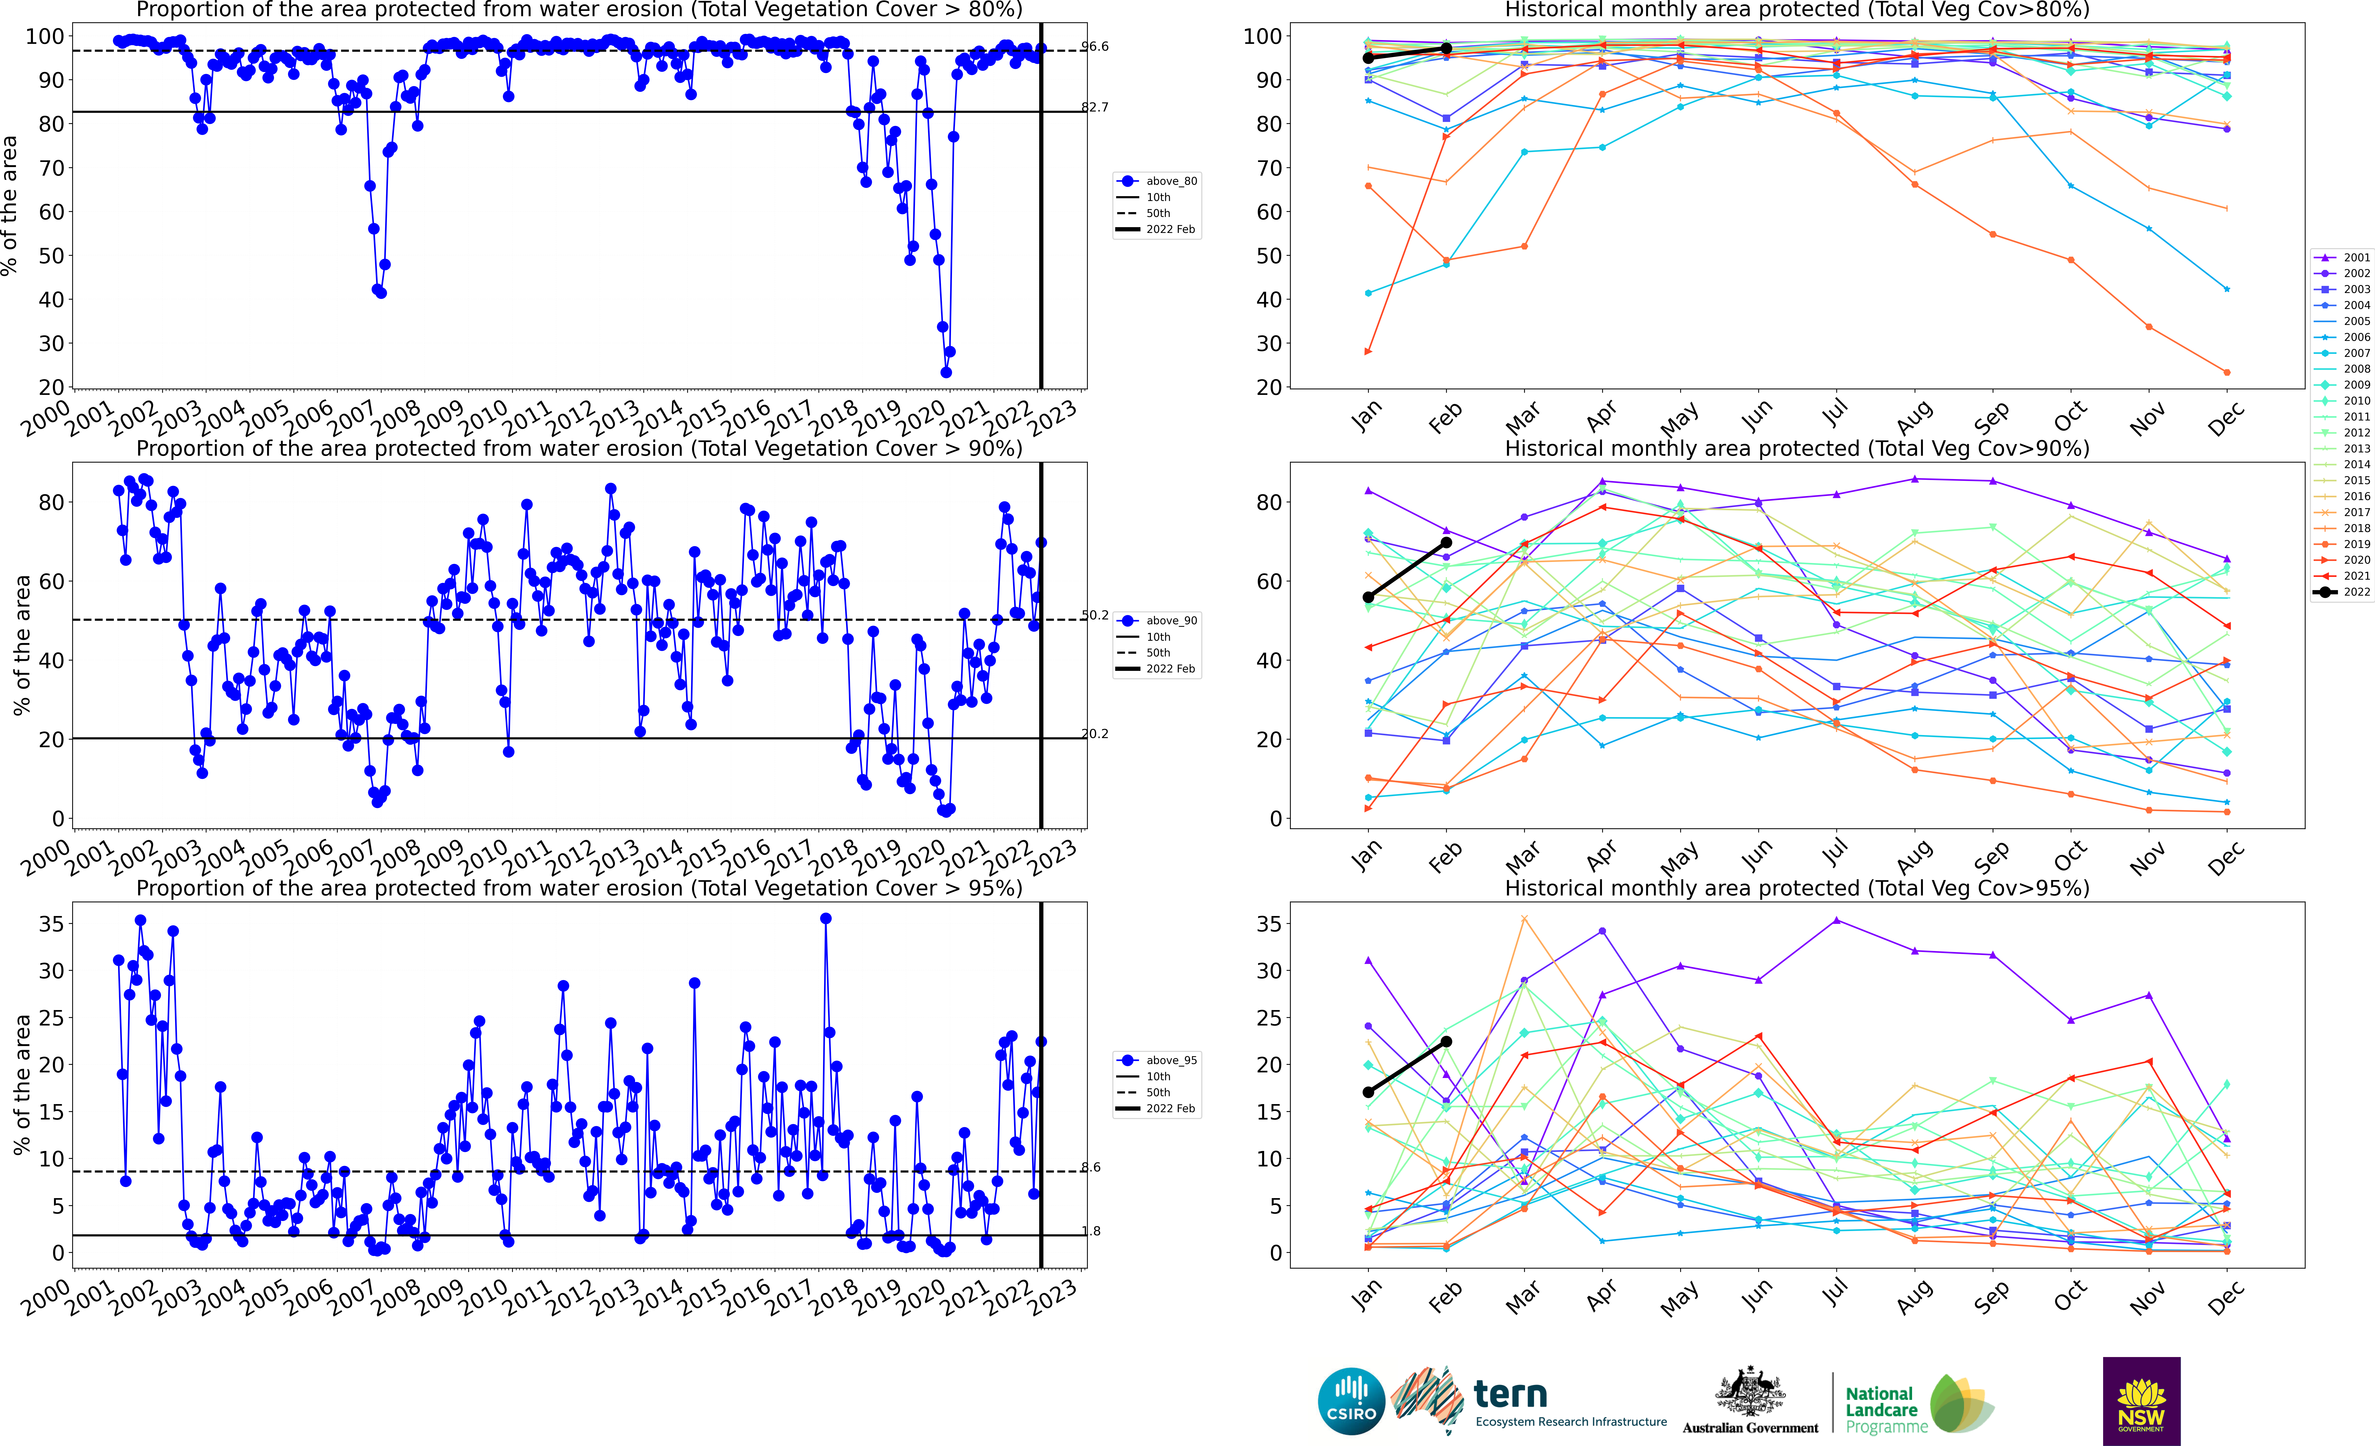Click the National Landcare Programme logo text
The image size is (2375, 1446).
[x=1881, y=1409]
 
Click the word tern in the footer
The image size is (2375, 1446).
[x=1510, y=1394]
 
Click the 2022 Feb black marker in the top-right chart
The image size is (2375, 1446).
[x=1446, y=48]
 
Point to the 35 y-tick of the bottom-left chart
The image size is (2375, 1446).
[x=50, y=924]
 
